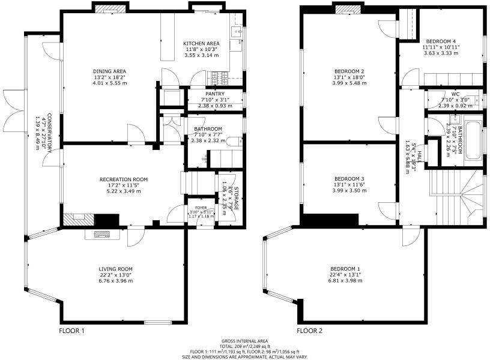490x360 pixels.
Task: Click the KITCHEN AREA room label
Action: point(201,43)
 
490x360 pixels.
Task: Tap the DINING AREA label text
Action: point(109,71)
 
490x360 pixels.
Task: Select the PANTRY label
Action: point(214,94)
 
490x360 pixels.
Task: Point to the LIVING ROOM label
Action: point(116,269)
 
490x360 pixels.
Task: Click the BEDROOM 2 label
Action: point(349,71)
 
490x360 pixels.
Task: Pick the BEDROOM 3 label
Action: point(349,179)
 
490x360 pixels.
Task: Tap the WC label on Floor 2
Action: point(455,94)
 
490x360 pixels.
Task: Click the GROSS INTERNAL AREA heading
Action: point(244,340)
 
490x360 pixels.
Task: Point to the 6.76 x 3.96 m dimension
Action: point(116,281)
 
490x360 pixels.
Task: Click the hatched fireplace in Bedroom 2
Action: point(346,9)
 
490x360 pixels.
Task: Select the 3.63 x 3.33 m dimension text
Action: point(440,53)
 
